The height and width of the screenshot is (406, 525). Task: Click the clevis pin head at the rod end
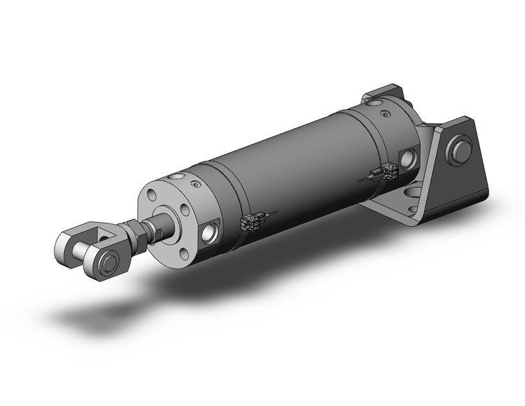click(x=108, y=263)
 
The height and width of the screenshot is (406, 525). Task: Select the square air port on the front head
click(x=209, y=233)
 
